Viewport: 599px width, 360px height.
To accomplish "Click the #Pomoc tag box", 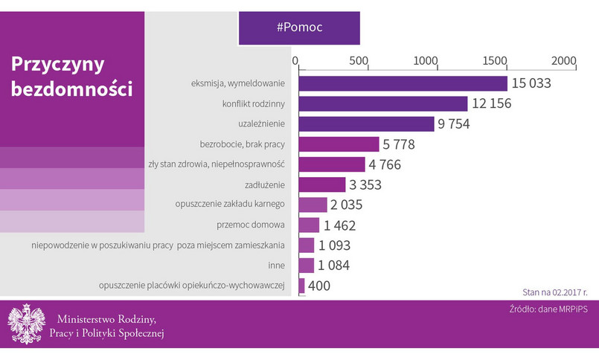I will point(299,28).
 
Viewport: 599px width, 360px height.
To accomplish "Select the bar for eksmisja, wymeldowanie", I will point(403,83).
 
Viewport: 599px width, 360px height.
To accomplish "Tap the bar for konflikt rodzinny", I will point(382,103).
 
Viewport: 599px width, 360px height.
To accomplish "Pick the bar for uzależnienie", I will point(366,123).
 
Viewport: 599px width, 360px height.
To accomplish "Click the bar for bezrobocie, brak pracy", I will point(339,144).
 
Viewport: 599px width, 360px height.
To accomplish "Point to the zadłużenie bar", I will point(322,184).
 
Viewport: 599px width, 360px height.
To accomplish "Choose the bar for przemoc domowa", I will point(309,225).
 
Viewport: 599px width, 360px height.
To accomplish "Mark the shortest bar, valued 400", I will point(301,286).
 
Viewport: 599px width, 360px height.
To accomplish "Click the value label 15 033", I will point(531,83).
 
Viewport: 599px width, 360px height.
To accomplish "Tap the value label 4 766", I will point(385,164).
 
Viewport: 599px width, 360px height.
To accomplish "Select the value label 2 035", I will point(347,205).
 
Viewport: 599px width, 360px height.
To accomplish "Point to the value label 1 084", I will point(334,266).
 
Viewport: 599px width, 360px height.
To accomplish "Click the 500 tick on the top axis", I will point(359,60).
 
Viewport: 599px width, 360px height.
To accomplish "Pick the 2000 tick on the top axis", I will point(564,60).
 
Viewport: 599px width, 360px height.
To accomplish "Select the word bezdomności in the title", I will point(71,90).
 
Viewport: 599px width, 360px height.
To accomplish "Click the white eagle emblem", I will point(25,324).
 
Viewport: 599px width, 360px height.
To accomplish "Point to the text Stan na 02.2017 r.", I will point(550,292).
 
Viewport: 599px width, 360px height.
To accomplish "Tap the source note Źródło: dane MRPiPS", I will point(542,309).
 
